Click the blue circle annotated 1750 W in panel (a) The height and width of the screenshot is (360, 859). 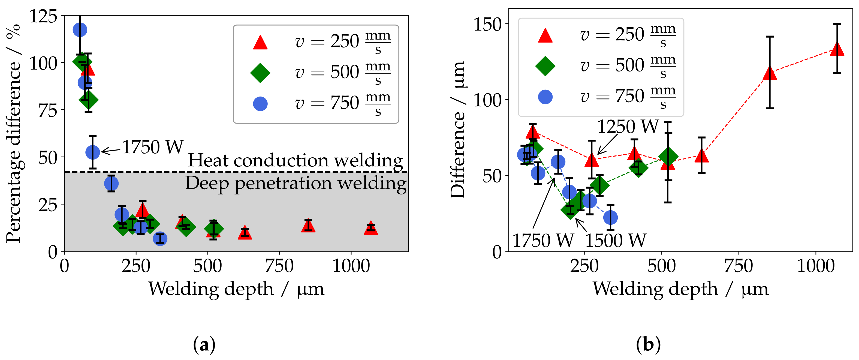[93, 152]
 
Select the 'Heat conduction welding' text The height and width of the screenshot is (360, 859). [296, 160]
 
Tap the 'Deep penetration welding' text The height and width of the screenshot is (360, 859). [296, 184]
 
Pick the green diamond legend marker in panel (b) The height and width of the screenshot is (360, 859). [545, 66]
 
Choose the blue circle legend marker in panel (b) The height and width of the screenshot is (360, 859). [545, 97]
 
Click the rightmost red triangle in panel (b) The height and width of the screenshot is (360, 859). [837, 49]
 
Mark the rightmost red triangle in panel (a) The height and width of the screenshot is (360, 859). [371, 229]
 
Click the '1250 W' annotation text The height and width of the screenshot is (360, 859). [628, 127]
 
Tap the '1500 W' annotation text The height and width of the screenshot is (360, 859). [616, 241]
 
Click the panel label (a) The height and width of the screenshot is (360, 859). [204, 345]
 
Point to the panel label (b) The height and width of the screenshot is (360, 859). [648, 345]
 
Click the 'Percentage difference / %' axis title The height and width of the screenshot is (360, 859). [14, 133]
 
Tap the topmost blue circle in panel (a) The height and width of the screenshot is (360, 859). [80, 30]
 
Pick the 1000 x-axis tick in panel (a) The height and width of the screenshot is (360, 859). [351, 266]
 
